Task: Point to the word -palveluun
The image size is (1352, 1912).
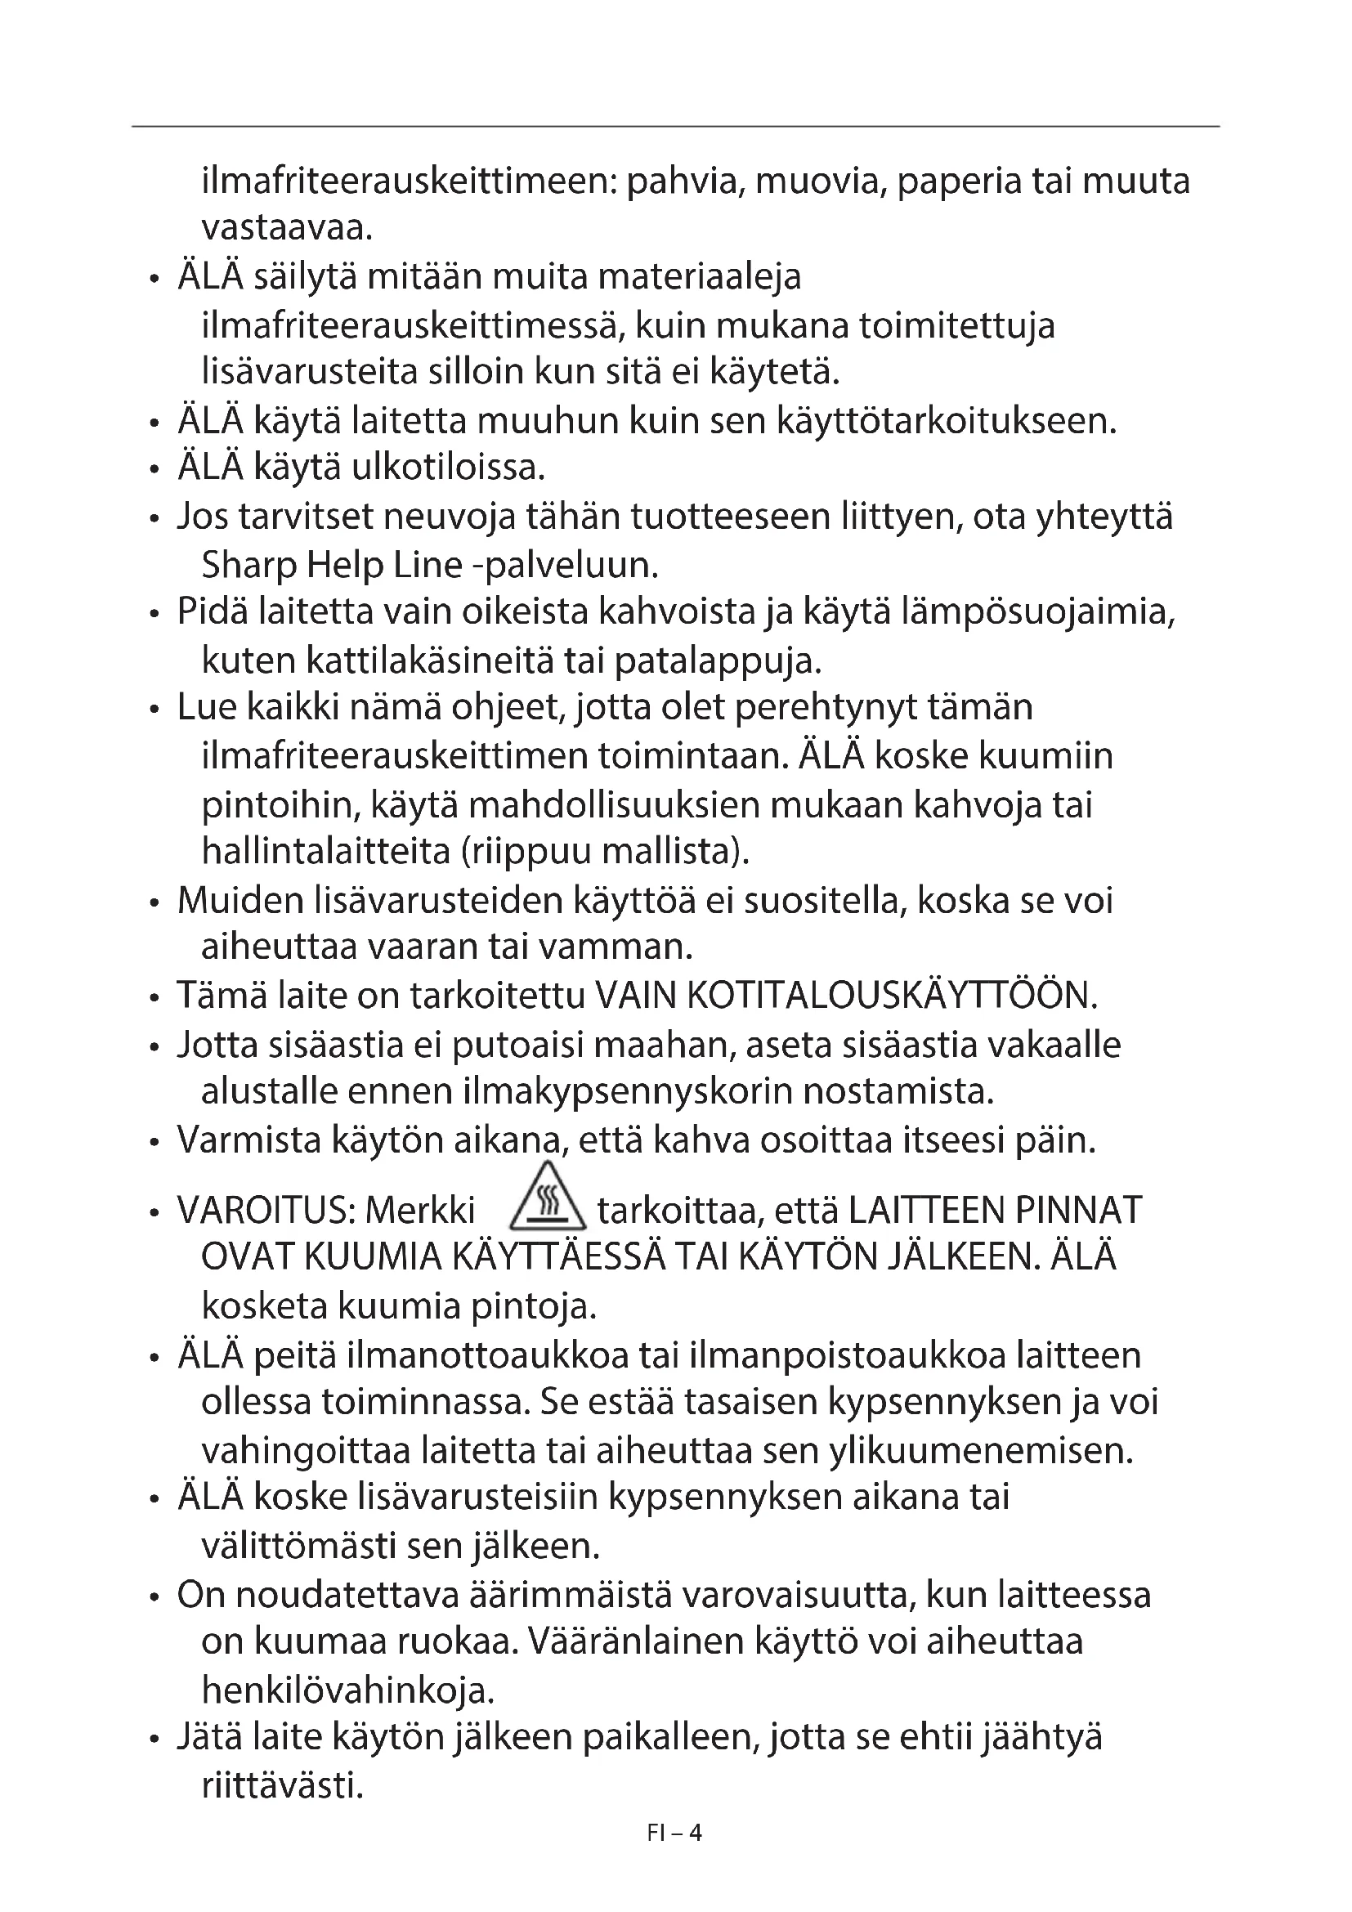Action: [x=566, y=566]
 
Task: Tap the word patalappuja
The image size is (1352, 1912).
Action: [x=718, y=661]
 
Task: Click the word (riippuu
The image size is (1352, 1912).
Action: [x=525, y=852]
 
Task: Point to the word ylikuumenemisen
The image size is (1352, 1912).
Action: [x=982, y=1451]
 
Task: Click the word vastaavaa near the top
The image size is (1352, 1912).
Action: [x=287, y=228]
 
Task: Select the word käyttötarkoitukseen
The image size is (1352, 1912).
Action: [x=946, y=421]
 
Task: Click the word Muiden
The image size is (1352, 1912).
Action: [x=240, y=900]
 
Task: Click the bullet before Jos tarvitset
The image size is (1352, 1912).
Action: [x=154, y=519]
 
